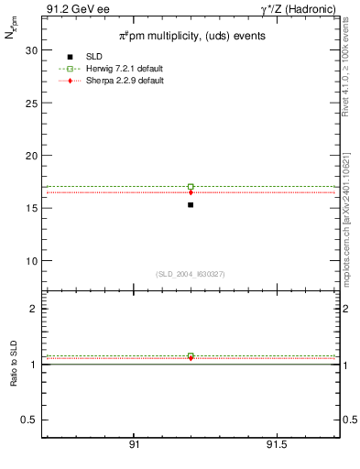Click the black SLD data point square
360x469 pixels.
tap(191, 204)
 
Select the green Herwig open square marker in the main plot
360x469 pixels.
tap(191, 187)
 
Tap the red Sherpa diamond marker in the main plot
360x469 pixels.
tap(191, 192)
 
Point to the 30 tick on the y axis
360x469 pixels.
tap(31, 50)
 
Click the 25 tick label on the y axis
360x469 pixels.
tap(31, 103)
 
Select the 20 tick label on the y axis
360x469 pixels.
tap(31, 156)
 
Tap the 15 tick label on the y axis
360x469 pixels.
tap(31, 208)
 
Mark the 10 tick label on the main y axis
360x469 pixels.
tap(31, 260)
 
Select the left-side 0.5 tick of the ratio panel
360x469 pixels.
tap(28, 420)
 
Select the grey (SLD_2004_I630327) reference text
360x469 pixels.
tap(191, 274)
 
